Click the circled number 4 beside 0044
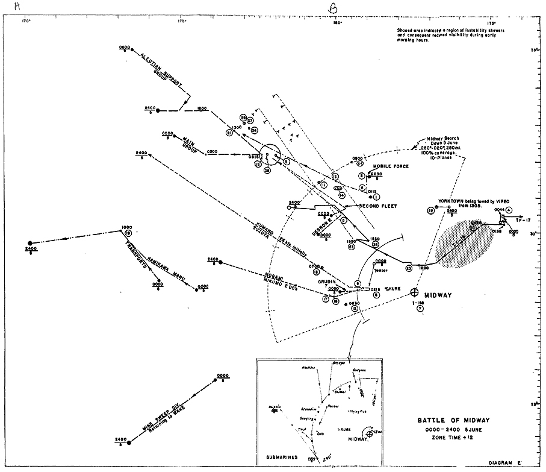pos(509,209)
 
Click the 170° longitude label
pos(26,22)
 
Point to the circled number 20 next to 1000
pos(409,267)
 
